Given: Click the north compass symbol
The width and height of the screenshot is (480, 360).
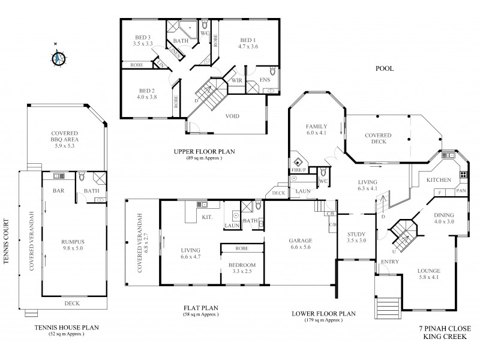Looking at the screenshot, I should tap(58, 58).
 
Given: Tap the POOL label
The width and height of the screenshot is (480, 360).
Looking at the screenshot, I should tap(384, 68).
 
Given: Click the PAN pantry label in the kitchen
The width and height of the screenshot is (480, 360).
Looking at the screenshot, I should tap(461, 191).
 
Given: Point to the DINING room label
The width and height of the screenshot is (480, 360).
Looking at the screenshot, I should tap(445, 215).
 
